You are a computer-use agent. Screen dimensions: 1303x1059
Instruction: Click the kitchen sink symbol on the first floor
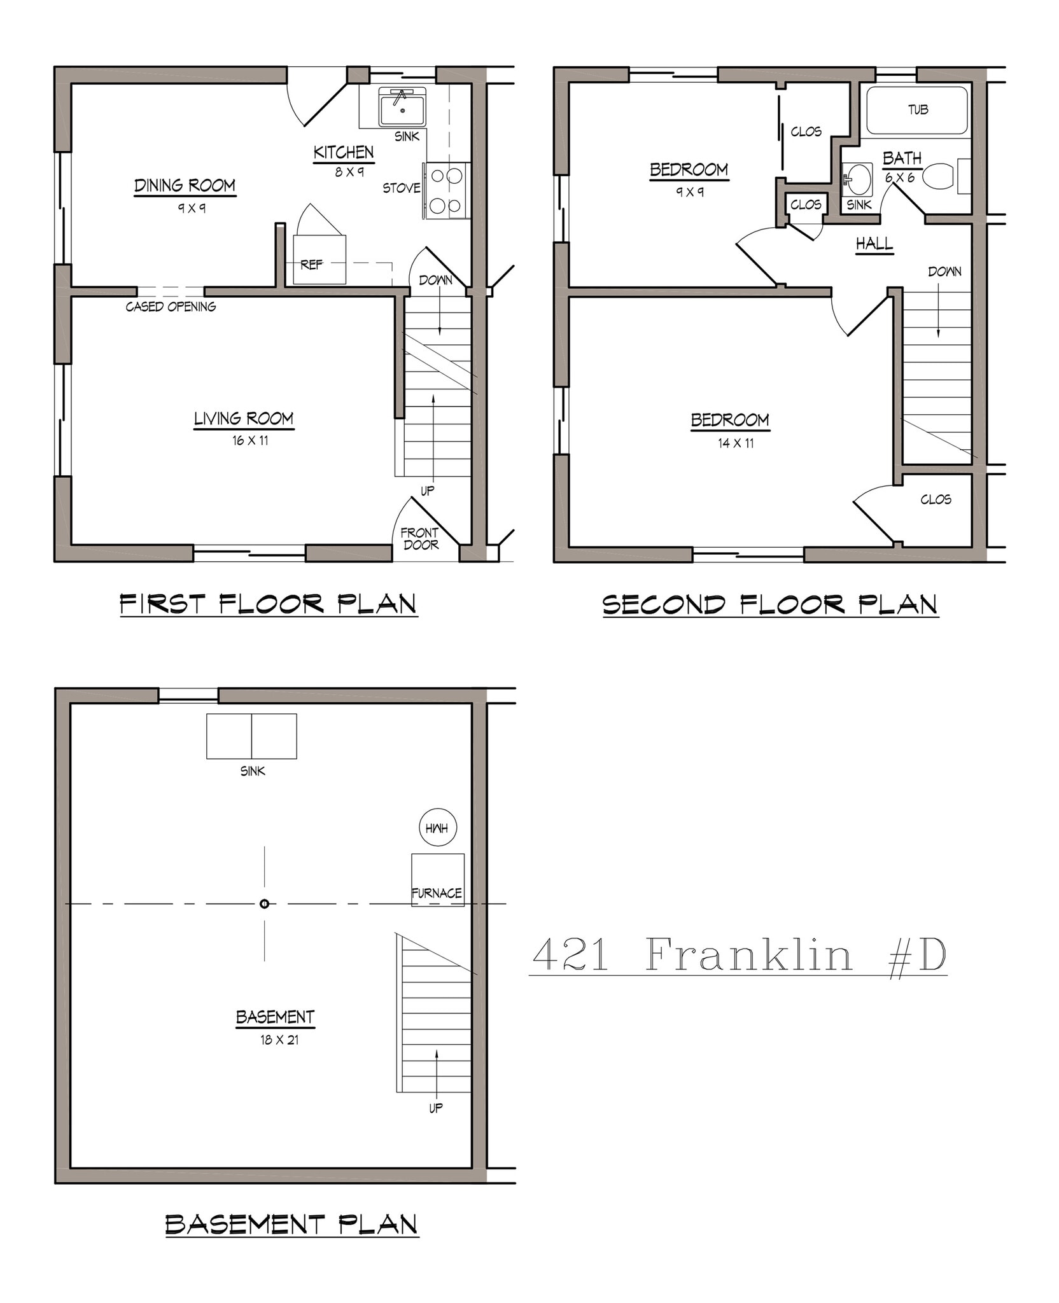(402, 108)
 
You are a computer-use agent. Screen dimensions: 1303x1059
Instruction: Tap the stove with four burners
(445, 190)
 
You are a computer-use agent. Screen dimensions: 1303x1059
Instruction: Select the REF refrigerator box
(319, 260)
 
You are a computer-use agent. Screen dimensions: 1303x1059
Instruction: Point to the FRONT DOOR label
(420, 538)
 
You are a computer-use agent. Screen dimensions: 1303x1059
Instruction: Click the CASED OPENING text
(171, 307)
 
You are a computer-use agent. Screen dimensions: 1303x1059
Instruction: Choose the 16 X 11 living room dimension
(250, 440)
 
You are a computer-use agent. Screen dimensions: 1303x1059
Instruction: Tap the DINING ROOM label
(185, 186)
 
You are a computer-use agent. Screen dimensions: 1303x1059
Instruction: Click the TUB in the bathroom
(917, 110)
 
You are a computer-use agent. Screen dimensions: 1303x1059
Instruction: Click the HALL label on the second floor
(874, 243)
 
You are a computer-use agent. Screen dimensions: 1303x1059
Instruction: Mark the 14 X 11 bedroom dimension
(736, 443)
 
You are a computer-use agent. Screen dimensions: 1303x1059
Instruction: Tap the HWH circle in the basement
(437, 828)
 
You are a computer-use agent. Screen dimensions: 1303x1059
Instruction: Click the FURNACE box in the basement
(437, 880)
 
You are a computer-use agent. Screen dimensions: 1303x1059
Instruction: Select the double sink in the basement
(251, 736)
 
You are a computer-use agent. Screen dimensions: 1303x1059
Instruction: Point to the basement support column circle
(264, 903)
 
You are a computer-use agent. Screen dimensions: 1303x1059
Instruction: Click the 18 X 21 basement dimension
(279, 1040)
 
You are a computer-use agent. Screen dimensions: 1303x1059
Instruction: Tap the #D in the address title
(917, 956)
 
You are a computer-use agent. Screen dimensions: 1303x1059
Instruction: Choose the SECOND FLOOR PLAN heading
(770, 604)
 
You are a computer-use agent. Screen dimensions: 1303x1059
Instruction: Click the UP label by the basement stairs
(435, 1108)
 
